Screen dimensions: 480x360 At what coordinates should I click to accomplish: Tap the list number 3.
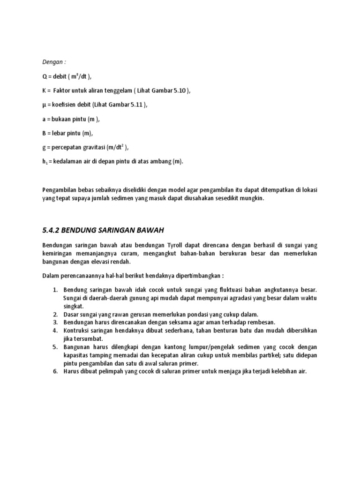54,322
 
